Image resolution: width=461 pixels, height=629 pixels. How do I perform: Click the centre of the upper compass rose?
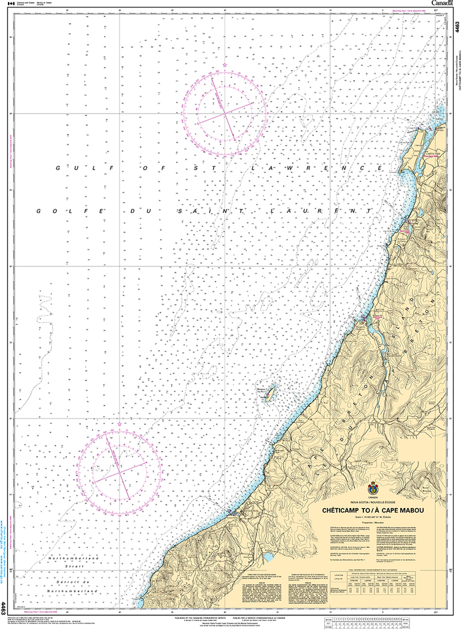tap(225, 113)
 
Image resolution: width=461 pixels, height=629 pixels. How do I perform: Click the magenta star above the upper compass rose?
tap(225, 64)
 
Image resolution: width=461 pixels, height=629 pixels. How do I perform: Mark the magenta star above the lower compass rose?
tap(119, 423)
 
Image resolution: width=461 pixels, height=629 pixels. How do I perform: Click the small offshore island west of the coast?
tap(268, 393)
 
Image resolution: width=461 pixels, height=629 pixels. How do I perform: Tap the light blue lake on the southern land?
tap(268, 558)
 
